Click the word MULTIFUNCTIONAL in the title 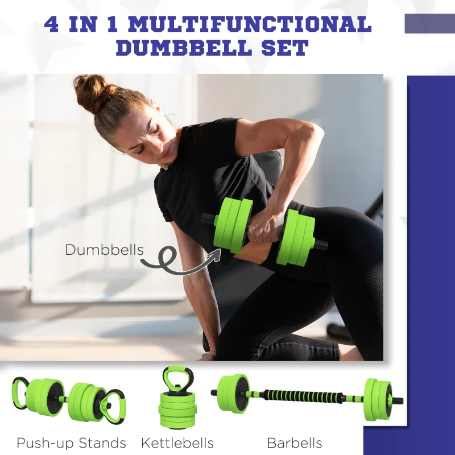pos(250,24)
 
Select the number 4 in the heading pos(52,24)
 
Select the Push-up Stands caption pos(71,442)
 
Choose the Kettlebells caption pos(177,442)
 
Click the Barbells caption pos(294,442)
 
